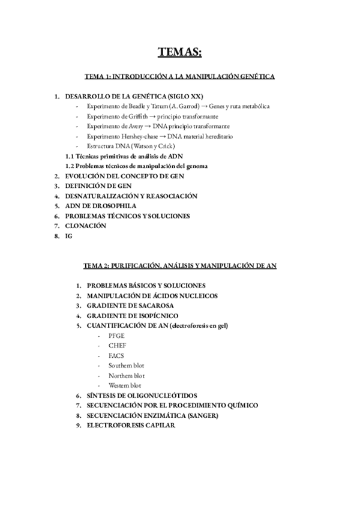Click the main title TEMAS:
pyautogui.click(x=179, y=53)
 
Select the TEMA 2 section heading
pyautogui.click(x=179, y=265)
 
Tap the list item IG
pyautogui.click(x=68, y=236)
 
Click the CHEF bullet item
pyautogui.click(x=117, y=346)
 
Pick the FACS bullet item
pyautogui.click(x=116, y=355)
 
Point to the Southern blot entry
pyautogui.click(x=126, y=366)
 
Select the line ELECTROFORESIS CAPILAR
pyautogui.click(x=131, y=426)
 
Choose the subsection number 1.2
pyautogui.click(x=70, y=166)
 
